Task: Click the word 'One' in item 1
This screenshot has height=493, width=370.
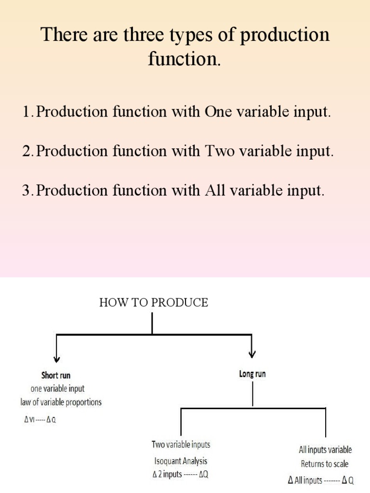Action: pos(219,112)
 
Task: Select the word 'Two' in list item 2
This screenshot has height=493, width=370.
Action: pos(220,151)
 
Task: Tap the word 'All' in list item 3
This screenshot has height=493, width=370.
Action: pos(215,190)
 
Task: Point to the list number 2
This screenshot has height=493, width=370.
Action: pos(26,151)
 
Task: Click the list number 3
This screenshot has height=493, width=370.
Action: pos(26,190)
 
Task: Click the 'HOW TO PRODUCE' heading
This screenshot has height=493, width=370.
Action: pos(154,303)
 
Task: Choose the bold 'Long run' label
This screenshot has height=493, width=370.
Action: pos(252,374)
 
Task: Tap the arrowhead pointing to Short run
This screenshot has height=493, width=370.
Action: pos(57,359)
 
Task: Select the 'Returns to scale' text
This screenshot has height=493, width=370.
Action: pos(325,464)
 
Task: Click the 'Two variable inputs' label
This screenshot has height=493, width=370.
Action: pos(181,445)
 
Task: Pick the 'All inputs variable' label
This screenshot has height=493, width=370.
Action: pos(325,450)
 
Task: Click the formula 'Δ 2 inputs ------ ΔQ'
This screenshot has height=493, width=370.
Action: pos(180,474)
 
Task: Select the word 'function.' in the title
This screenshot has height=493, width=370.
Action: pos(185,60)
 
